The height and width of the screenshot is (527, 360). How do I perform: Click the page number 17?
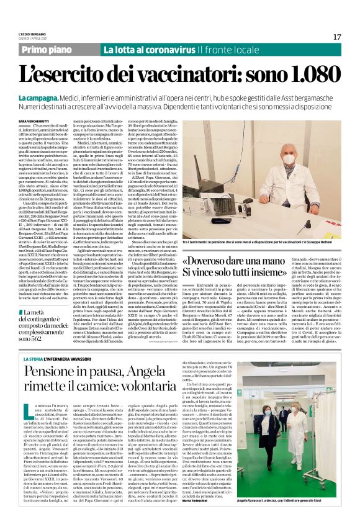(x=336, y=37)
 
